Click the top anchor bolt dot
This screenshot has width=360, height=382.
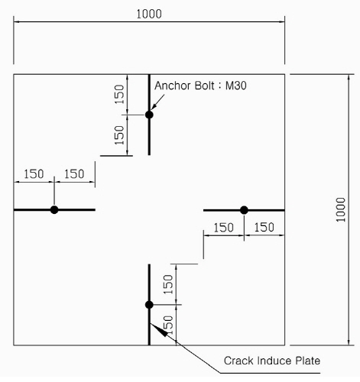[149, 115]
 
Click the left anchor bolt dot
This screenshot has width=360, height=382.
[54, 210]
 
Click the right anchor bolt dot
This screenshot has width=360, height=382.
[244, 210]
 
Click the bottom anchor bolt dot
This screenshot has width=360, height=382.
[149, 305]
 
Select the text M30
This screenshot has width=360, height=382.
[236, 86]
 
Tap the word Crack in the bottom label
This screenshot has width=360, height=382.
[239, 361]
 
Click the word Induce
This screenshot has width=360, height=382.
[274, 361]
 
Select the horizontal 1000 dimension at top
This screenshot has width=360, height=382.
[149, 14]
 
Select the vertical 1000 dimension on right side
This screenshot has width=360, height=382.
[340, 209]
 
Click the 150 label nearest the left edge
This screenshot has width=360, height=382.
[34, 174]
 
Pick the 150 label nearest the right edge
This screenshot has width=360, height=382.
[264, 227]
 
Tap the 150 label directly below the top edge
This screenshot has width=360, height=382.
[119, 94]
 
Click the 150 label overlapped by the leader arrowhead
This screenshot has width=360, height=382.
[168, 325]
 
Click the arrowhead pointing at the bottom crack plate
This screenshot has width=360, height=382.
[157, 329]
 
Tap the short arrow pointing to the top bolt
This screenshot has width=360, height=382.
[157, 102]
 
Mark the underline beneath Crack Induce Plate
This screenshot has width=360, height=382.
[270, 373]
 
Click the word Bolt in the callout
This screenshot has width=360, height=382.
[204, 86]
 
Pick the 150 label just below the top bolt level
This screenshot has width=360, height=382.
[119, 135]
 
